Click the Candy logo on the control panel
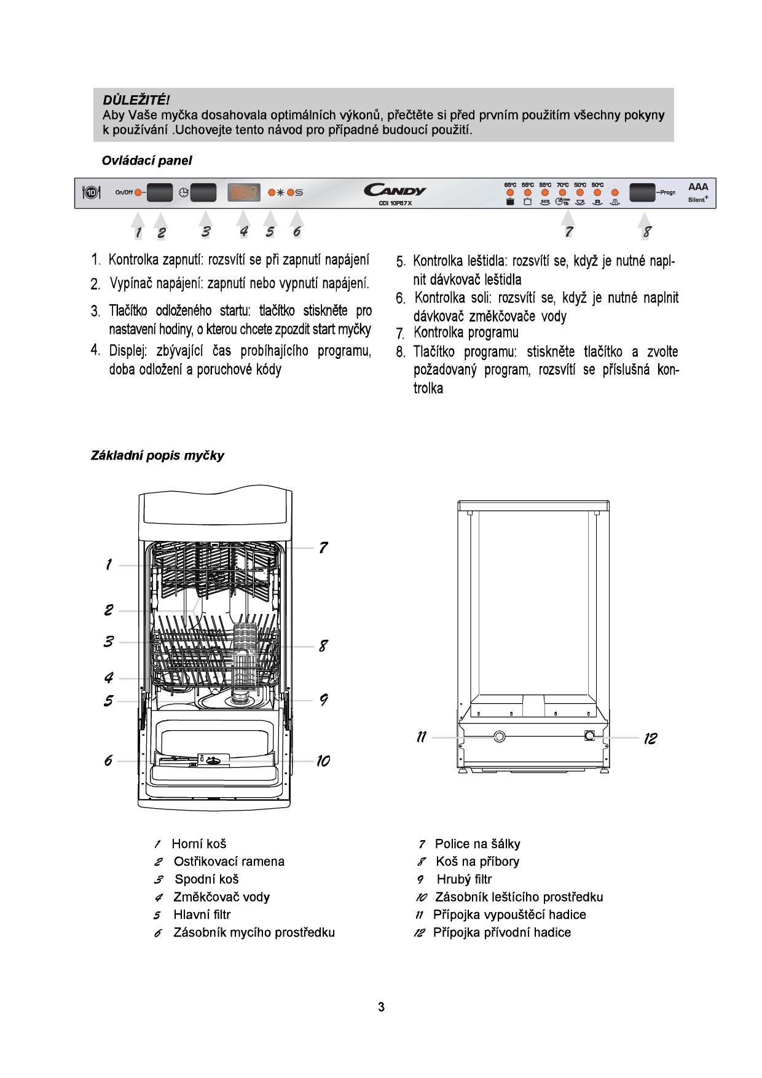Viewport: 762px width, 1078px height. pyautogui.click(x=394, y=190)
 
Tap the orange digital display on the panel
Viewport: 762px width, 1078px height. pyautogui.click(x=243, y=193)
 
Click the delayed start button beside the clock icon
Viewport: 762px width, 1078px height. pyautogui.click(x=203, y=193)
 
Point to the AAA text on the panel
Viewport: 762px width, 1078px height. pyautogui.click(x=698, y=186)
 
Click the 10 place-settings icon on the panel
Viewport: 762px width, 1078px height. pyautogui.click(x=91, y=193)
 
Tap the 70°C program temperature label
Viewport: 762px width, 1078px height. pyautogui.click(x=562, y=184)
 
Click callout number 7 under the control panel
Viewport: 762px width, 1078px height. pyautogui.click(x=569, y=232)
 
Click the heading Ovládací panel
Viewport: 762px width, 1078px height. pyautogui.click(x=146, y=161)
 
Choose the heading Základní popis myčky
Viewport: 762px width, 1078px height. pyautogui.click(x=157, y=456)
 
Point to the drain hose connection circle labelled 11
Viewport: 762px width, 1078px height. pyautogui.click(x=498, y=736)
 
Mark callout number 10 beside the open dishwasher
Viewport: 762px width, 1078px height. pyautogui.click(x=323, y=761)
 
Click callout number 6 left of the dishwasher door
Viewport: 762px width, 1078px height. pyautogui.click(x=108, y=761)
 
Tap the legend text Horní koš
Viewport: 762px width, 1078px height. pyautogui.click(x=198, y=844)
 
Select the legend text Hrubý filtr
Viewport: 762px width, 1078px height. pyautogui.click(x=464, y=879)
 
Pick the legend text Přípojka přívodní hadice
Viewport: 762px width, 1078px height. pyautogui.click(x=501, y=933)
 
